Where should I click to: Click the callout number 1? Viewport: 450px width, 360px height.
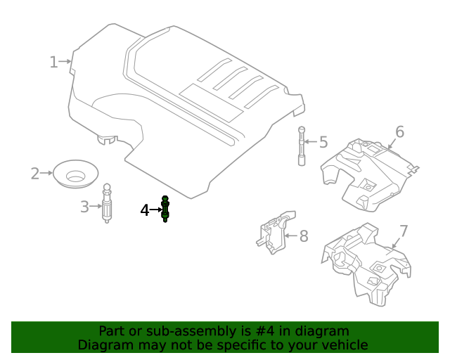[x=53, y=63]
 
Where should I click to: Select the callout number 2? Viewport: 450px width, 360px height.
[x=35, y=173]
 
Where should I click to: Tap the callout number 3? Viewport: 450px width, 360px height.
[x=84, y=207]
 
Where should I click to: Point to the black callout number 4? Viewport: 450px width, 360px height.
[x=145, y=210]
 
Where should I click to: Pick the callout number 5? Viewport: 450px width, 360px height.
[x=323, y=143]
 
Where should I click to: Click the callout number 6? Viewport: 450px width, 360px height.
[x=399, y=131]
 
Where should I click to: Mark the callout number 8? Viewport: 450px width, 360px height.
[x=304, y=236]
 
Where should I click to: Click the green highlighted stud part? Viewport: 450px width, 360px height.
[x=165, y=209]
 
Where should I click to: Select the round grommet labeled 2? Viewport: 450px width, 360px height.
[x=75, y=173]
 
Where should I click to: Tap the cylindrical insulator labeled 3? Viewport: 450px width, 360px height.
[x=107, y=205]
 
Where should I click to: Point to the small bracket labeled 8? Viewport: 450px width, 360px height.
[x=275, y=232]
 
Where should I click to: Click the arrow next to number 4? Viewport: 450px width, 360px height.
[x=156, y=210]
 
